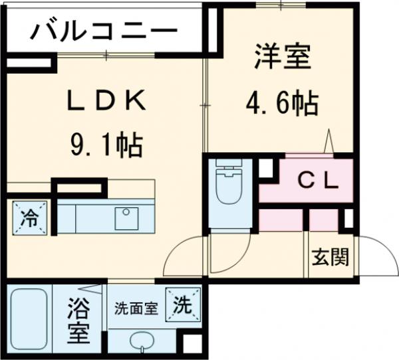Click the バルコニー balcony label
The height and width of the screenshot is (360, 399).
(x=103, y=31)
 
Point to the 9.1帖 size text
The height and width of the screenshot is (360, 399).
(x=105, y=143)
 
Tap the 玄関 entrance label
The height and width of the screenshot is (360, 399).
(x=331, y=257)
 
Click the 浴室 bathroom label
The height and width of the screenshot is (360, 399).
(x=78, y=321)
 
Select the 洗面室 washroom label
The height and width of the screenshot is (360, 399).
(x=136, y=309)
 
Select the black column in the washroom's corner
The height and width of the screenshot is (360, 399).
(x=192, y=344)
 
